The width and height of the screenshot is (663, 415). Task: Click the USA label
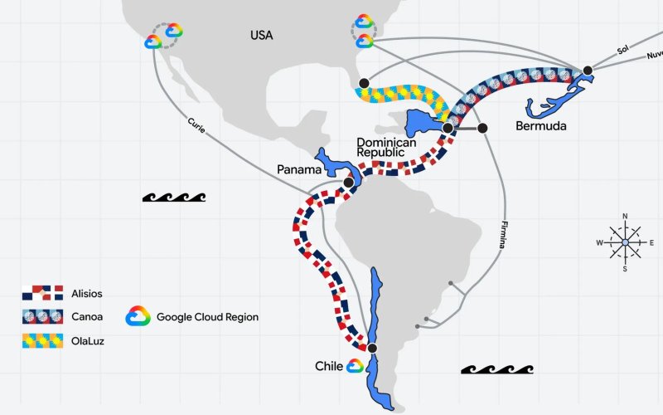click(262, 35)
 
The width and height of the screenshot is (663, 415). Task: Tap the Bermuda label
click(541, 126)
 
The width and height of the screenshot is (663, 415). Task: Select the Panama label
click(299, 169)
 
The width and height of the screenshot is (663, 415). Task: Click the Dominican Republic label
click(386, 147)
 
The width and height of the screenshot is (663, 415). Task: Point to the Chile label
click(329, 366)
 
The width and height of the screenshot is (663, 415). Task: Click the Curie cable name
click(196, 125)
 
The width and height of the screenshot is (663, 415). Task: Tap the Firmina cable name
click(503, 235)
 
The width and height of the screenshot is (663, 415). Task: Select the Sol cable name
click(622, 50)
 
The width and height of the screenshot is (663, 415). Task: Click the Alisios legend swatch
click(43, 293)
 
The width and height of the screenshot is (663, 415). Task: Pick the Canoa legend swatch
click(43, 316)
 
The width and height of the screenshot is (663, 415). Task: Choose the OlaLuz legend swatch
click(43, 341)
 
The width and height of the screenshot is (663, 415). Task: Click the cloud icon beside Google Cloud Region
click(138, 316)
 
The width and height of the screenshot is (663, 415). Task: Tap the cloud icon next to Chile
click(356, 366)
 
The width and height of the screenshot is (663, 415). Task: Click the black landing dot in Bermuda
click(588, 71)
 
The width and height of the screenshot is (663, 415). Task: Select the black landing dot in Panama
click(348, 183)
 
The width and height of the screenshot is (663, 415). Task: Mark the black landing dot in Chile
click(372, 348)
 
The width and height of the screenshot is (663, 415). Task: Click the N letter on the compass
click(626, 217)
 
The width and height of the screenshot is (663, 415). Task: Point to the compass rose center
click(626, 242)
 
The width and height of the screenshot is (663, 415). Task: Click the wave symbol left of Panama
click(174, 197)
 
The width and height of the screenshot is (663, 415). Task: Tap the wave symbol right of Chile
click(497, 369)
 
